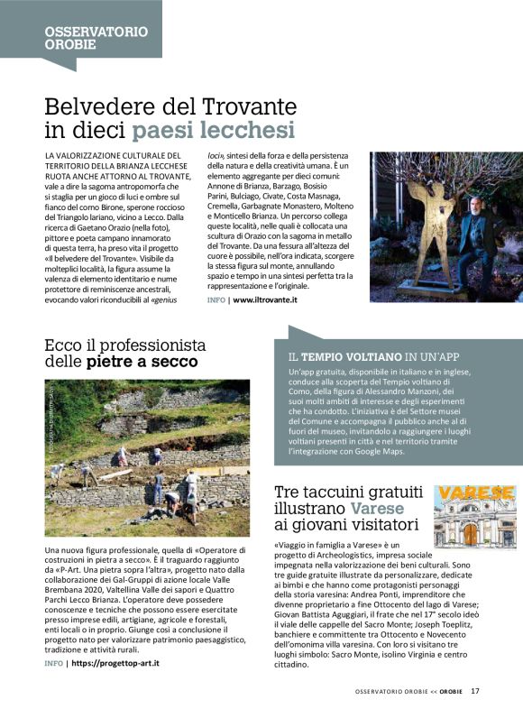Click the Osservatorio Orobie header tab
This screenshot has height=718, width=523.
tap(96, 37)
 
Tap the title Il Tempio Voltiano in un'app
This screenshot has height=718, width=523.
tap(375, 355)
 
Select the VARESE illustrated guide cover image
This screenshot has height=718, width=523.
tap(475, 517)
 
